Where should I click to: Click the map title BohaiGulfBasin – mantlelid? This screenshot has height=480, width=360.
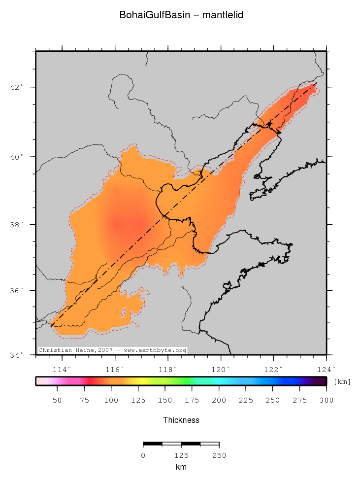pos(181,15)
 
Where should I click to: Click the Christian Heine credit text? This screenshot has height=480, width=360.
pos(112,350)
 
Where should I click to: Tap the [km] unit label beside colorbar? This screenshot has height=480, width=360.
pos(342,381)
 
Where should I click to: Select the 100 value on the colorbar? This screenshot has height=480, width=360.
pos(111,400)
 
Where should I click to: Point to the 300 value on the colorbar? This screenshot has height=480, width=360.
pos(327,400)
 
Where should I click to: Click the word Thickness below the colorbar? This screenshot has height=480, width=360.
pos(181,420)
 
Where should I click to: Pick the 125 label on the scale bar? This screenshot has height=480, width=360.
pos(181,455)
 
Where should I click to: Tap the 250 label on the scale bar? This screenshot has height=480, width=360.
pos(219,455)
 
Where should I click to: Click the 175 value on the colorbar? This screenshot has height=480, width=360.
pos(192,400)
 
